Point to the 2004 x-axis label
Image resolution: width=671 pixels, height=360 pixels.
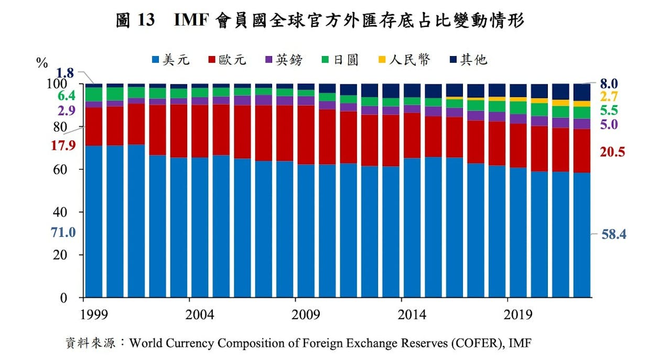(x=200, y=315)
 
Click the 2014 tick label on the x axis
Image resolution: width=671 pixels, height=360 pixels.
(x=412, y=315)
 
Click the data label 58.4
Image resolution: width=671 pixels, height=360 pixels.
(x=614, y=234)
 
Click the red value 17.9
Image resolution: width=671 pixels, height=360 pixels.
(x=63, y=146)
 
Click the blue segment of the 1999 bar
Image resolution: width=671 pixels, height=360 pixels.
(x=94, y=220)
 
